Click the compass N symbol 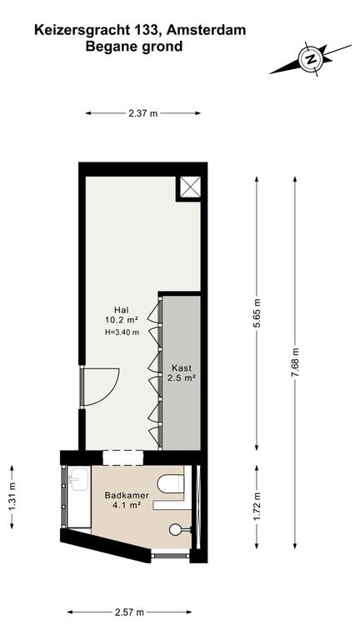coord(312,59)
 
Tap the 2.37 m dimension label coord(142,114)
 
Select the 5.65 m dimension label coord(257,313)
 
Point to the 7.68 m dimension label coord(295,362)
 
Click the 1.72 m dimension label coord(257,507)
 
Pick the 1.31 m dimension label coord(12,497)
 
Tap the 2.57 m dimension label coord(129,612)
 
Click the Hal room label coord(122,310)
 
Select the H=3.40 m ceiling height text coord(122,332)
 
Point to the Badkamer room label coord(127,496)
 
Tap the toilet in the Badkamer coord(171,483)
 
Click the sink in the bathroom coord(79,479)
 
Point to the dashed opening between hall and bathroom coord(123,457)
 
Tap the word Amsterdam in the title coord(206,30)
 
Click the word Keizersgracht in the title coord(82,31)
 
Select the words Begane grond coord(134,47)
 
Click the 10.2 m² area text coord(122,320)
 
